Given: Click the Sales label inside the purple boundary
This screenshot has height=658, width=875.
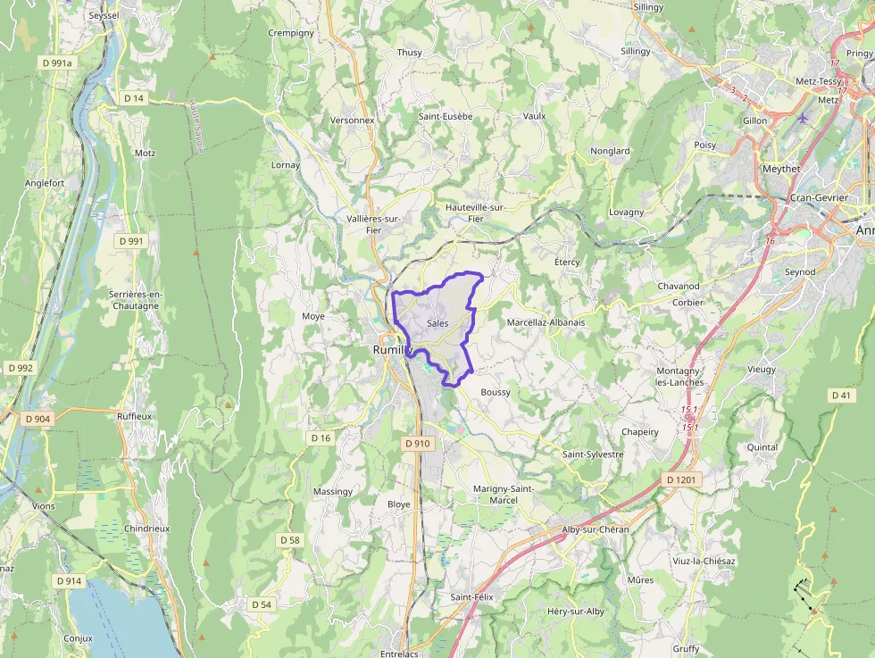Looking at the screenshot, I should [x=437, y=323].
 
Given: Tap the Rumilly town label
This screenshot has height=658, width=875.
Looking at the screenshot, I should [x=389, y=351].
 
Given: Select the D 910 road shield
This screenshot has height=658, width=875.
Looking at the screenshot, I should [x=417, y=443].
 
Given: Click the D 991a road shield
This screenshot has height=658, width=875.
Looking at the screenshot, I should [x=56, y=63].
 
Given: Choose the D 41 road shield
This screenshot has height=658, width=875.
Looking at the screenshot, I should [x=840, y=395].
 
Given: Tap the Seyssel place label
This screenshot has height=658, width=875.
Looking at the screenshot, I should [x=104, y=16].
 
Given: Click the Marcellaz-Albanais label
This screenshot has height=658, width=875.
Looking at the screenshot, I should [x=546, y=322].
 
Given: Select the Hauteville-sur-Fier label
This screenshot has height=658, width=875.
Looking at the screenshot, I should [x=476, y=212].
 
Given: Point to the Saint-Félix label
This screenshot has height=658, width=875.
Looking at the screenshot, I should [x=471, y=596].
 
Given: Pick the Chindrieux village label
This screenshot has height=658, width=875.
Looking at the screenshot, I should [x=147, y=529].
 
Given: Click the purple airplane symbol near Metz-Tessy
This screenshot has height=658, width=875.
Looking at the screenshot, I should [x=803, y=118].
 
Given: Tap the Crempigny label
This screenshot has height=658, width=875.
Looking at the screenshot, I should [x=291, y=33].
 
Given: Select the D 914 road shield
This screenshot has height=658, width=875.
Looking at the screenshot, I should [x=69, y=581].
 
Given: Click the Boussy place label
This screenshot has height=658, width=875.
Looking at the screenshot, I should [x=496, y=393].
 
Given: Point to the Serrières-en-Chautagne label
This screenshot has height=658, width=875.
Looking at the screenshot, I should [x=134, y=300].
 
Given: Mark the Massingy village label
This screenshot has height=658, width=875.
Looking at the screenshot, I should [x=333, y=492].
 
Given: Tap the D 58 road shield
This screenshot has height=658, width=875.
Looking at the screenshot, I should [x=290, y=540].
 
